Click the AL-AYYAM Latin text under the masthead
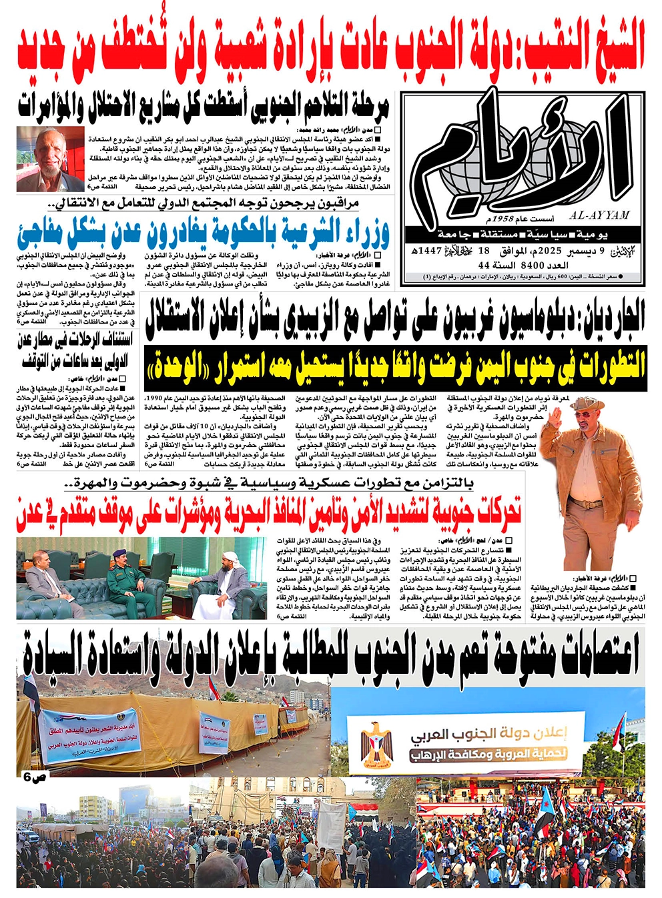[x=599, y=215]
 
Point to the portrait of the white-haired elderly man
[x=50, y=157]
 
